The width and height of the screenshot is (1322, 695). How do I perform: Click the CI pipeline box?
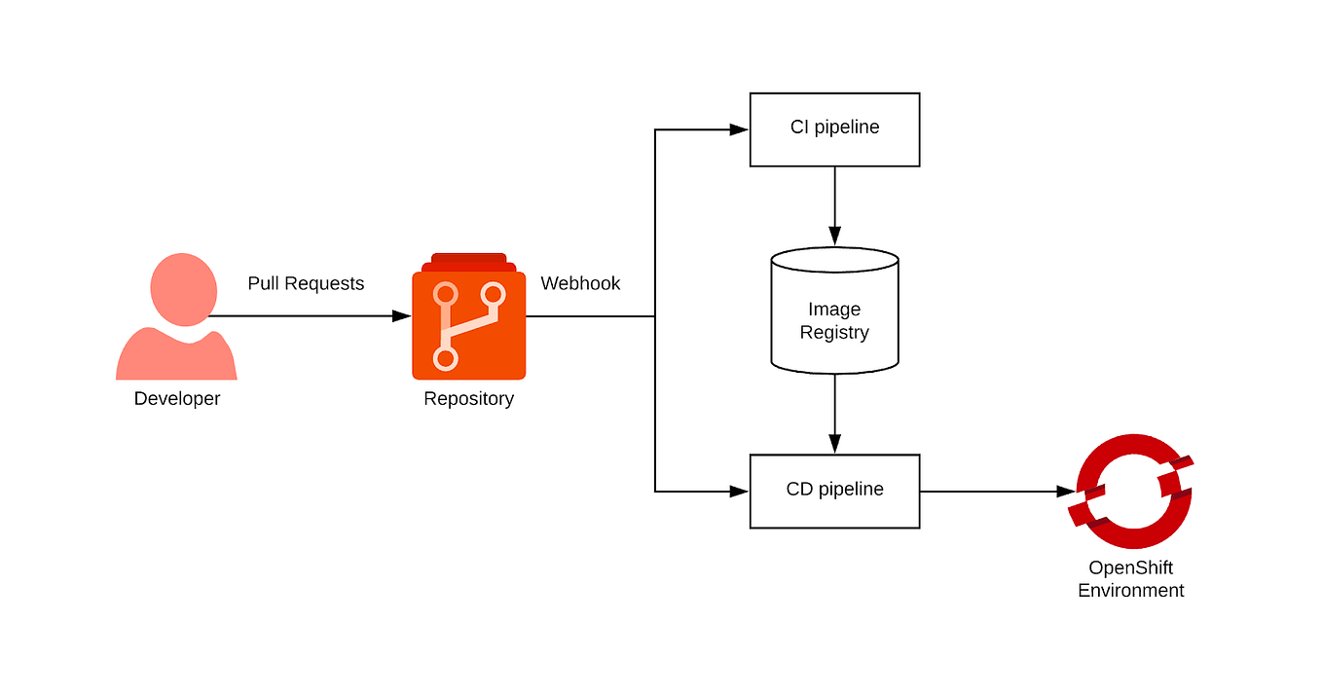834,129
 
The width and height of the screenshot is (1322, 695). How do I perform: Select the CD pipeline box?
834,491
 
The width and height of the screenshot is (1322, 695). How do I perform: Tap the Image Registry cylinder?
834,311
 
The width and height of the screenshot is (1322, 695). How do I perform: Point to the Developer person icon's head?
183,289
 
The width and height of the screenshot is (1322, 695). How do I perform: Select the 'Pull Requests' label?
306,283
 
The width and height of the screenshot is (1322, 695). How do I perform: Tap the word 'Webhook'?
580,283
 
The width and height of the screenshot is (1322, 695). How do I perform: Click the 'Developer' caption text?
177,398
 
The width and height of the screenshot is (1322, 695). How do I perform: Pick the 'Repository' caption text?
468,398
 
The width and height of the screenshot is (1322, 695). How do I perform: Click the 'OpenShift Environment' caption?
1131,579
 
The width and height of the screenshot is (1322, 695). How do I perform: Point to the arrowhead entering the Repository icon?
401,316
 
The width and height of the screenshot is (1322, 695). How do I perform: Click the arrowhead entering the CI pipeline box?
739,129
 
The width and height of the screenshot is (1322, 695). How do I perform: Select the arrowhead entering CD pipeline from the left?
739,492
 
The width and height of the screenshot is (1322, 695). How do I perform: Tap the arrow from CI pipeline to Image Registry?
834,204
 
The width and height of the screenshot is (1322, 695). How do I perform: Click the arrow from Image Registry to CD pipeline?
834,414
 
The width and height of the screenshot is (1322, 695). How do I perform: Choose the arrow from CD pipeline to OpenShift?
993,492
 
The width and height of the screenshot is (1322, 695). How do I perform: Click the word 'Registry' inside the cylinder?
834,333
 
